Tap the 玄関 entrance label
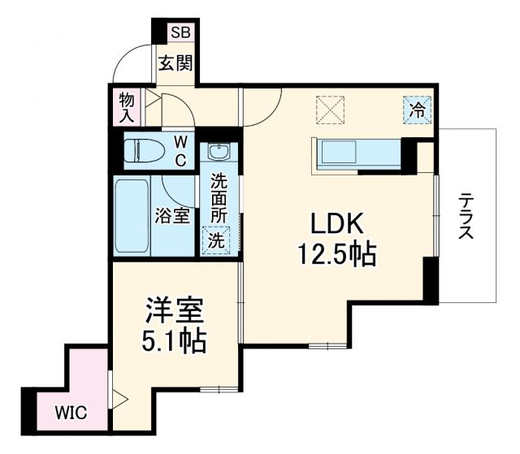pyautogui.click(x=174, y=63)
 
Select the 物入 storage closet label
pyautogui.click(x=127, y=106)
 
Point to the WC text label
pyautogui.click(x=180, y=150)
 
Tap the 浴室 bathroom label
pyautogui.click(x=172, y=216)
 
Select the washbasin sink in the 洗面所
pyautogui.click(x=219, y=152)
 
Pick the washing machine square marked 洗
pyautogui.click(x=216, y=240)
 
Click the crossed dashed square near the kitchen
pyautogui.click(x=331, y=110)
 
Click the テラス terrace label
pyautogui.click(x=466, y=216)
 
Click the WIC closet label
pyautogui.click(x=69, y=412)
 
